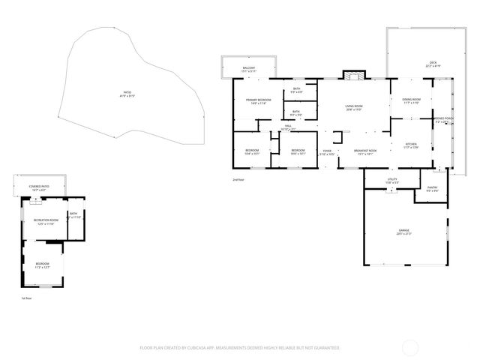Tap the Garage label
pyautogui.click(x=404, y=232)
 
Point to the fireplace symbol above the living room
pyautogui.click(x=352, y=75)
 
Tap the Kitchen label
pyautogui.click(x=411, y=145)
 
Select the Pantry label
pyautogui.click(x=432, y=189)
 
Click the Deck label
pyautogui.click(x=433, y=64)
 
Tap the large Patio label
pyautogui.click(x=127, y=94)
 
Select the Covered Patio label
pyautogui.click(x=39, y=187)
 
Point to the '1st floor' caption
pyautogui.click(x=26, y=298)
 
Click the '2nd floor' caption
pyautogui.click(x=239, y=180)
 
